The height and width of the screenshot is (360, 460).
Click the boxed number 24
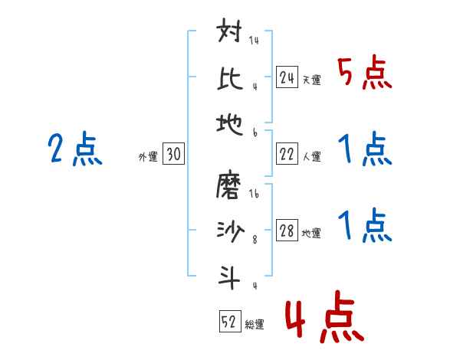click(287, 77)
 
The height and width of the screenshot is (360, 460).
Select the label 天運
click(311, 80)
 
